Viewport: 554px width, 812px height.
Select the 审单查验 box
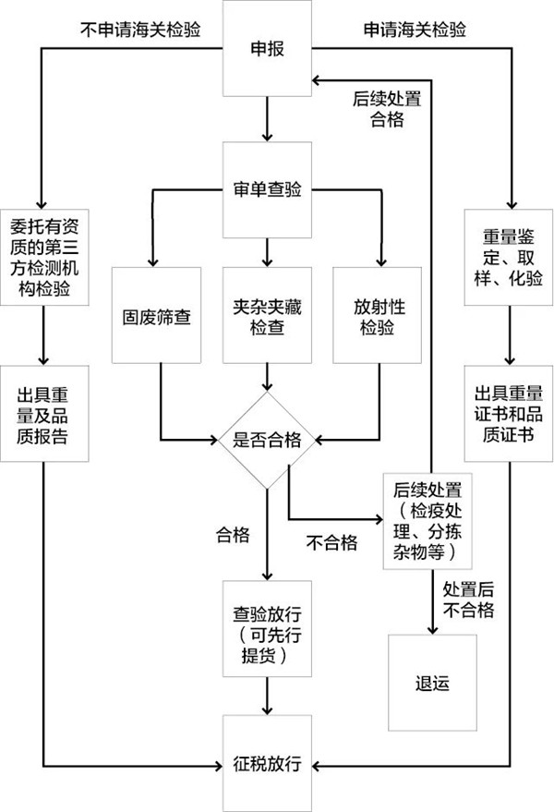(267, 189)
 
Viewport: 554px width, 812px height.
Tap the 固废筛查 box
(156, 315)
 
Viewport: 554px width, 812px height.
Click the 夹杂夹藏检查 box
(267, 315)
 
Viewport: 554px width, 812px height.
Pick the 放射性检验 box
(378, 315)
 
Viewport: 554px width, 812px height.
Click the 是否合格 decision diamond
(267, 440)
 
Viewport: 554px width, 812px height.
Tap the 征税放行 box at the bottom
(267, 765)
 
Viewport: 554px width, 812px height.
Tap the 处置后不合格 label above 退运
(469, 600)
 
